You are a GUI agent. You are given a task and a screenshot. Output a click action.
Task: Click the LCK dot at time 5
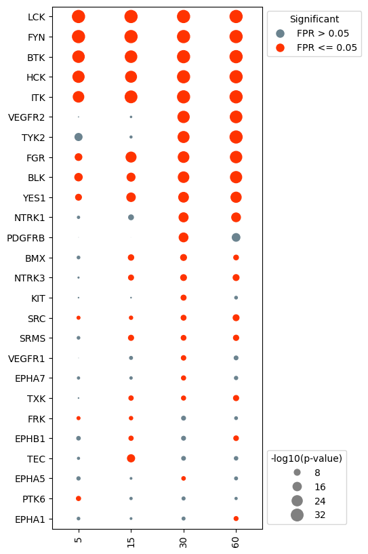coord(78,16)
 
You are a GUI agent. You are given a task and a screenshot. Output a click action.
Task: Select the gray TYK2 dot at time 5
coord(78,137)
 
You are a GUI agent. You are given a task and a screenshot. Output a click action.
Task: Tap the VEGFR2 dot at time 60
coord(236,117)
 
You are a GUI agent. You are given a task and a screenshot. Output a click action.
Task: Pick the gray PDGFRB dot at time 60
coord(236,237)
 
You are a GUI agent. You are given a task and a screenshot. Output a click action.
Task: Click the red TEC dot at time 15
coord(131,458)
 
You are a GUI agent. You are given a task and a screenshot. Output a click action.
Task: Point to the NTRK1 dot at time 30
coord(183,217)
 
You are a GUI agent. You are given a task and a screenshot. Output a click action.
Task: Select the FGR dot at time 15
coord(131,157)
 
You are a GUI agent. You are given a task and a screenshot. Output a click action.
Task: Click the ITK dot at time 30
coord(183,97)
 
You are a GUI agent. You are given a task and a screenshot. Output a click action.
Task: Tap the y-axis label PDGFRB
coord(26,238)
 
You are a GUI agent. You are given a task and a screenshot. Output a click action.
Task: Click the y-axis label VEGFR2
coord(26,117)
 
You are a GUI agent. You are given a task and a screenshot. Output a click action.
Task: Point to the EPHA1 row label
coord(30,519)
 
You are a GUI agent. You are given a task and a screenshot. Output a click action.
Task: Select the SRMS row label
coord(31,338)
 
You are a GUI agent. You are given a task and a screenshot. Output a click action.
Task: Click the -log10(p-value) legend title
coord(306,458)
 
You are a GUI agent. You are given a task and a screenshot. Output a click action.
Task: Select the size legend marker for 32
coord(297,515)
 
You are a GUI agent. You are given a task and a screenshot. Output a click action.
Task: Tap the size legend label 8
coord(317,473)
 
